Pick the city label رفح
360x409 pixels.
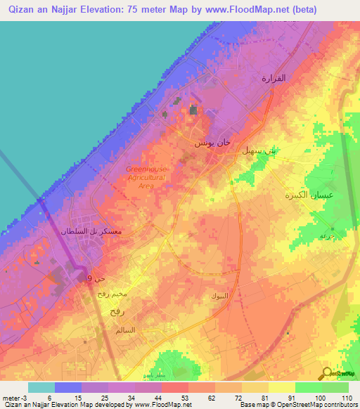pos(116,309)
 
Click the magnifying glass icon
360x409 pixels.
pos(328,375)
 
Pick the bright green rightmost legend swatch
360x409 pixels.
pos(335,387)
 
